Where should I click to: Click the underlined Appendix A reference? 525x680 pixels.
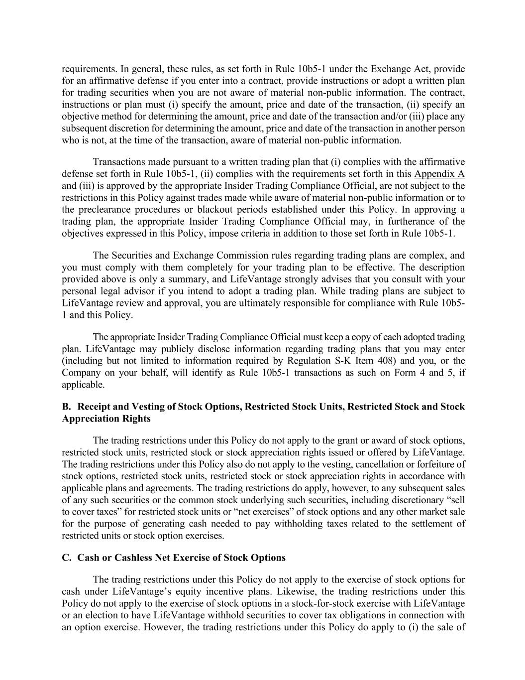click(x=439, y=174)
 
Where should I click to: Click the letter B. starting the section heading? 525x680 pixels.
click(x=66, y=407)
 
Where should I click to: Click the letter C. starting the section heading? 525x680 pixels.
click(x=66, y=557)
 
